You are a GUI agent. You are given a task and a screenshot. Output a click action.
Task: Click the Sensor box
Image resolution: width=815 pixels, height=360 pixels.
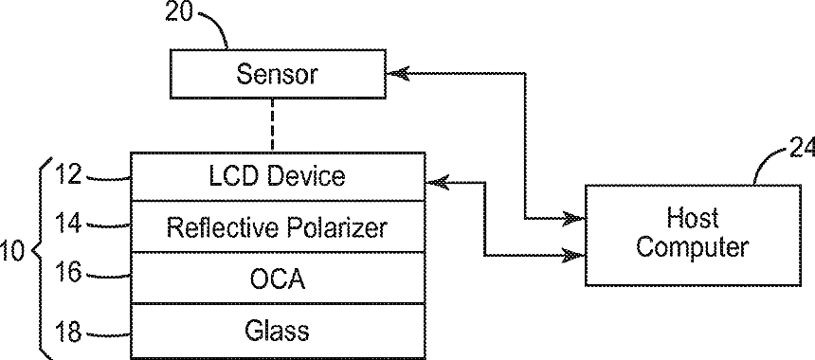pyautogui.click(x=278, y=74)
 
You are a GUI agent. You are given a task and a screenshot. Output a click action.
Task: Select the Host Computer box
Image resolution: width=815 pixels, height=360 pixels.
pyautogui.click(x=693, y=235)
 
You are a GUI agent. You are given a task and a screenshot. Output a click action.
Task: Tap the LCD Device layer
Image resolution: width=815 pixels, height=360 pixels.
pyautogui.click(x=278, y=176)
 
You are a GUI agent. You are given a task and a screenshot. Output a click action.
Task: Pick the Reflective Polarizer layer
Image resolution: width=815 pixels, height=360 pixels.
pyautogui.click(x=278, y=227)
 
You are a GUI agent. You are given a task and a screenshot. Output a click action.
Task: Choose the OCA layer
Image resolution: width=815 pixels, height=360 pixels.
pyautogui.click(x=278, y=278)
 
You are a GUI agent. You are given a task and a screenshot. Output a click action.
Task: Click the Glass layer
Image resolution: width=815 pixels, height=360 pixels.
pyautogui.click(x=278, y=331)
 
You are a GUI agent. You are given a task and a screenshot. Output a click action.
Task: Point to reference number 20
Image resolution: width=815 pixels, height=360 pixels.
pyautogui.click(x=179, y=11)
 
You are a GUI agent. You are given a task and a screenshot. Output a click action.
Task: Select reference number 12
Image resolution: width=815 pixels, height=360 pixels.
pyautogui.click(x=68, y=174)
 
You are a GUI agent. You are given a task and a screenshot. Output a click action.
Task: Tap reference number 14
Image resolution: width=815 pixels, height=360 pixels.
pyautogui.click(x=68, y=223)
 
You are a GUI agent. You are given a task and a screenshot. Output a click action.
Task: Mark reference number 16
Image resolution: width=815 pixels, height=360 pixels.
pyautogui.click(x=68, y=272)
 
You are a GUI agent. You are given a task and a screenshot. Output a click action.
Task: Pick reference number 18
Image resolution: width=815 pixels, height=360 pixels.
pyautogui.click(x=68, y=332)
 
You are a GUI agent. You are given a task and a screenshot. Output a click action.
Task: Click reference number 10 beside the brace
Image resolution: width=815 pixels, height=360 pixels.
pyautogui.click(x=11, y=251)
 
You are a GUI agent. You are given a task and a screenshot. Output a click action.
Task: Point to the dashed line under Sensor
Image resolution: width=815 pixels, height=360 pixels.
pyautogui.click(x=272, y=125)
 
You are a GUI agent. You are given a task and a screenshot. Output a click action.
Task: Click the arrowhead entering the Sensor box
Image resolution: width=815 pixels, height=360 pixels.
pyautogui.click(x=398, y=74)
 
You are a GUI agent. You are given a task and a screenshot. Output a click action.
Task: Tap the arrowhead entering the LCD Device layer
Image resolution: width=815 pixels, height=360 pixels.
pyautogui.click(x=437, y=182)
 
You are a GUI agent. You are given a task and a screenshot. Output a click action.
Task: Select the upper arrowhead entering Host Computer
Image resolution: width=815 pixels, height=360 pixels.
pyautogui.click(x=574, y=219)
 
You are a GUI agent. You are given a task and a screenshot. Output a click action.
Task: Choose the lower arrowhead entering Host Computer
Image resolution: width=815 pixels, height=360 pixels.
pyautogui.click(x=574, y=255)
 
